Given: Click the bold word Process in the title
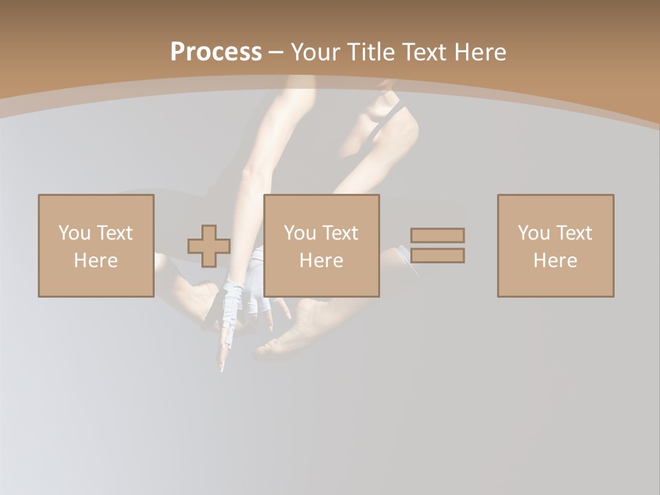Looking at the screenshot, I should click(x=216, y=52).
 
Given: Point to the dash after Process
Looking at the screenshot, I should click(x=276, y=53).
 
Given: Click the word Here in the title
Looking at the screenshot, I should click(x=480, y=52).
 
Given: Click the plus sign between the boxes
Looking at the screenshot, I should click(x=209, y=246).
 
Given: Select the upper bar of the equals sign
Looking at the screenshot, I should click(x=437, y=235).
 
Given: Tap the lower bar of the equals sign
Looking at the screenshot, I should click(x=437, y=256).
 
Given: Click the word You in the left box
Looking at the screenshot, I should click(x=74, y=233).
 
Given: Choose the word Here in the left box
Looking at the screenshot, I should click(x=96, y=261).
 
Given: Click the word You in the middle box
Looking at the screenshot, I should click(x=300, y=233).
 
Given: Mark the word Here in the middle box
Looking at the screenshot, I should click(x=321, y=261).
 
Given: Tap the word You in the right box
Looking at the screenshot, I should click(x=533, y=233).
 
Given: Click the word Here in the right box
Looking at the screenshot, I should click(x=555, y=261).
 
